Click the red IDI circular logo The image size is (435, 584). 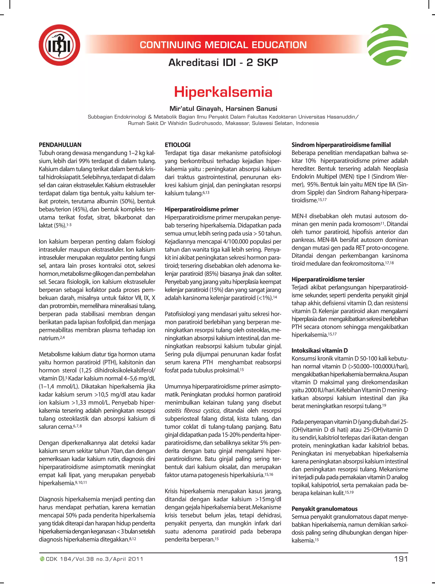tap(59, 45)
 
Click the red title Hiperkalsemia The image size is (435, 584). tap(223, 92)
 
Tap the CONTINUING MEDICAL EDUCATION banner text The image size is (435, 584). tap(223, 45)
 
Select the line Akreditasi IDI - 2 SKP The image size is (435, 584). tap(223, 63)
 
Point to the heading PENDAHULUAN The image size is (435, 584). tap(60, 145)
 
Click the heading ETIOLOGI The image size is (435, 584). tap(178, 145)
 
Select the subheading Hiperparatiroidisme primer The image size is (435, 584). tap(201, 209)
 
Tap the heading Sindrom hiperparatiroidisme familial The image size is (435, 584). tap(341, 145)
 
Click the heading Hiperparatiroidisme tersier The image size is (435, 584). tap(328, 279)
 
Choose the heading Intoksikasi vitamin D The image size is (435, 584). tap(319, 350)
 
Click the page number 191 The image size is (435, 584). tap(401, 559)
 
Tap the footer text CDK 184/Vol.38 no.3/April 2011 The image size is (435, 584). tap(94, 559)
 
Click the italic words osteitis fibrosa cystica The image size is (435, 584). tap(192, 411)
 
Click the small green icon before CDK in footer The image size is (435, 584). tap(42, 559)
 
